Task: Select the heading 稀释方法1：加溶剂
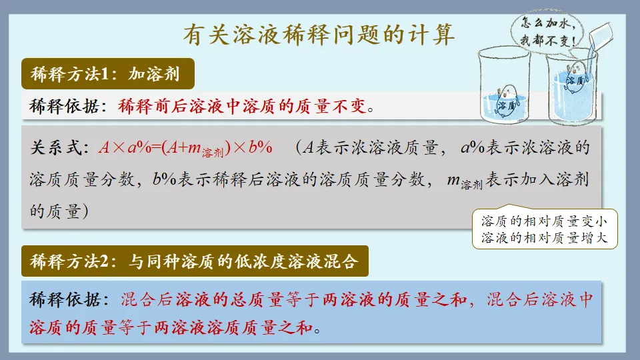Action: [x=109, y=75]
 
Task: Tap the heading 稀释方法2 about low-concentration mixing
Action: [x=194, y=262]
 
